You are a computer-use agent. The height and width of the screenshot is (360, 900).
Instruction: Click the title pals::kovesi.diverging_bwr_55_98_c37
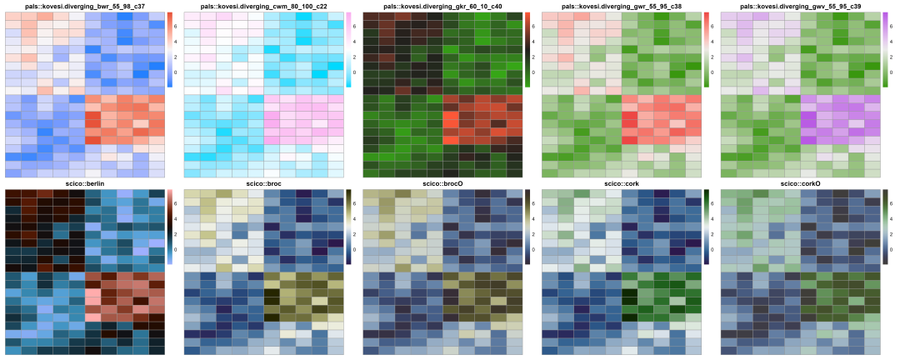pos(87,6)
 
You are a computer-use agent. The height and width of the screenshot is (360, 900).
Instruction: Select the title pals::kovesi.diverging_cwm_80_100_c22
pos(265,6)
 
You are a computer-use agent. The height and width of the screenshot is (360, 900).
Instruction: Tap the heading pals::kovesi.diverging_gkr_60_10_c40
pos(444,6)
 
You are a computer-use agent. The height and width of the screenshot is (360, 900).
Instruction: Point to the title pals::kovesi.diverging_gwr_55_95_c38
pos(622,6)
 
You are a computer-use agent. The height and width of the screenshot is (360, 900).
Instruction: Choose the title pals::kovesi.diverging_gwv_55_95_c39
pos(802,6)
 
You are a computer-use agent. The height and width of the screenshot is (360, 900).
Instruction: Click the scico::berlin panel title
pos(87,182)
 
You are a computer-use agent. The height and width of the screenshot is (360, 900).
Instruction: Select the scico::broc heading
pos(265,182)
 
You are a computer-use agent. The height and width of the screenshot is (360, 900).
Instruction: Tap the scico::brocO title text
pos(444,182)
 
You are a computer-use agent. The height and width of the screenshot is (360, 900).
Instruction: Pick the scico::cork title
pos(622,182)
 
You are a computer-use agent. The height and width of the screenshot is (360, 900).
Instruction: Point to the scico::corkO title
pos(802,182)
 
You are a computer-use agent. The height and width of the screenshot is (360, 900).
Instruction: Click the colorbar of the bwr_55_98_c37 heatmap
pos(170,50)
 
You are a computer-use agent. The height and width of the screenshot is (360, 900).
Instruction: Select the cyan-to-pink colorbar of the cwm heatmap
pos(348,50)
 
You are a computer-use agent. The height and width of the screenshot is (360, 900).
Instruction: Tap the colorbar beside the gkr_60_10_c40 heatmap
pos(527,50)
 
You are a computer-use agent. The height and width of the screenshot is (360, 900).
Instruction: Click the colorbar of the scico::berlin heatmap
pos(170,227)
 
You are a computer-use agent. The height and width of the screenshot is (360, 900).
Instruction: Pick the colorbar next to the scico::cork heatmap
pos(706,227)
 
